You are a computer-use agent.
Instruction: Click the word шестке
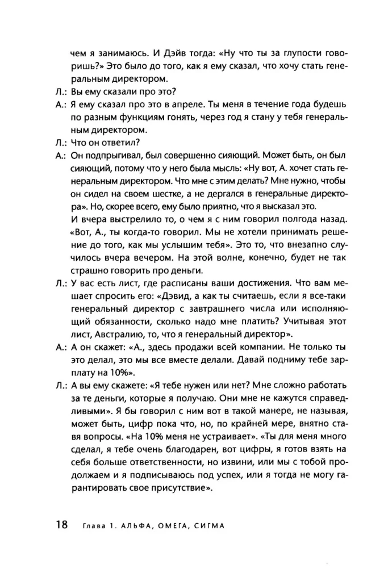[155, 194]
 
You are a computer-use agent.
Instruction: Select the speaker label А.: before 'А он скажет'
[60, 347]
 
